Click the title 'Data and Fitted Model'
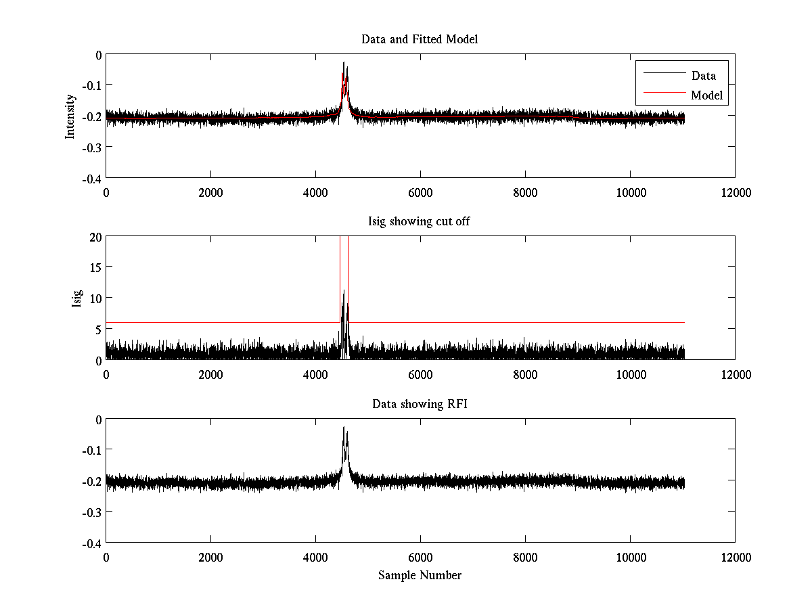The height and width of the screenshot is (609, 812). click(x=420, y=39)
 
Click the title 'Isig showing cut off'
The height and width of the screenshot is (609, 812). click(x=420, y=222)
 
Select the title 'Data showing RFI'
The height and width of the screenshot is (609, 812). click(x=420, y=404)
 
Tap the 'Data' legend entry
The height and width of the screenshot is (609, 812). click(x=703, y=76)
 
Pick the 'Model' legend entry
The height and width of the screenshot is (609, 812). click(x=706, y=95)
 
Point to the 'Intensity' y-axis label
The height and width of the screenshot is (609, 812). click(x=70, y=116)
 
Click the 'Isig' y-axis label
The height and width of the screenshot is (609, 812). click(x=77, y=298)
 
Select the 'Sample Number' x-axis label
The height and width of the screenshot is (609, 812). click(x=420, y=575)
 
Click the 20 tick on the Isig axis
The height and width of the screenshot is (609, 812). click(x=95, y=237)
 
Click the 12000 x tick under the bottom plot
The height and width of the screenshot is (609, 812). click(x=735, y=557)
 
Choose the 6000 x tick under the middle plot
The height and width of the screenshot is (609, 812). click(x=420, y=374)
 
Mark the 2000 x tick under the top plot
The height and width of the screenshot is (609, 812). click(x=210, y=192)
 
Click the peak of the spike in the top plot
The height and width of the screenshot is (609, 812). click(x=344, y=63)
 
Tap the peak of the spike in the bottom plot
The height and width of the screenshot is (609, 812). click(x=344, y=428)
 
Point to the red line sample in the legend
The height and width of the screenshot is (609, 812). click(x=661, y=95)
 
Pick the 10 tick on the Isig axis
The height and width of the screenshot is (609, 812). click(x=95, y=298)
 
